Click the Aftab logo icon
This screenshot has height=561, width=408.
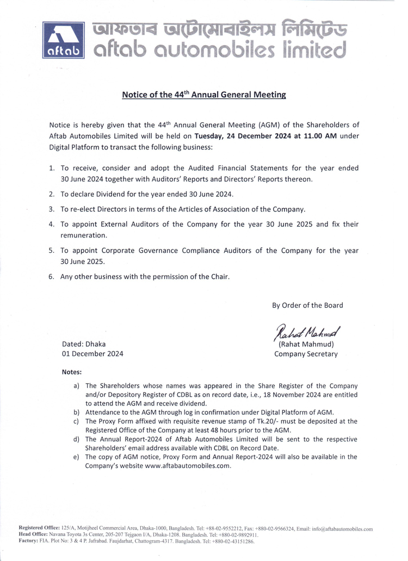pos(63,40)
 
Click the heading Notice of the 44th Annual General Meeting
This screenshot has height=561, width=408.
pos(204,95)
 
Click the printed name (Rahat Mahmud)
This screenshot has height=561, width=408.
pos(306,344)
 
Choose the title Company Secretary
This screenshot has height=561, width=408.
pos(306,354)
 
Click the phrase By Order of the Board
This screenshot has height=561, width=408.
pos(307,305)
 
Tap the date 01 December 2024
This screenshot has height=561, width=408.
pos(92,354)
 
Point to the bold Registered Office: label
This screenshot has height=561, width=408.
pos(40,528)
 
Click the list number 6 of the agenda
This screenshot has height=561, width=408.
pos(51,276)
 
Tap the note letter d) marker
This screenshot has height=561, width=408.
pos(76,439)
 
